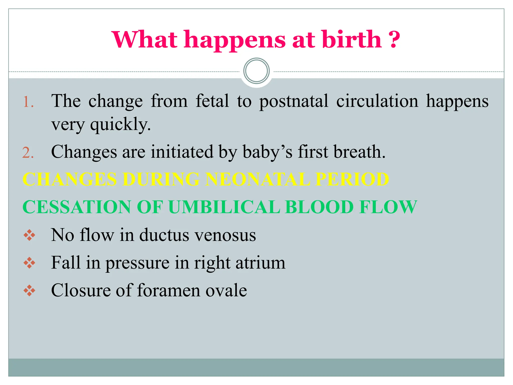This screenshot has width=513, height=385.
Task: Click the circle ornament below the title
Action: pos(256,71)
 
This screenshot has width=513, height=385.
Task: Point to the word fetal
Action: pos(212,101)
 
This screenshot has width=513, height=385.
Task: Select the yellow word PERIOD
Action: pos(352,179)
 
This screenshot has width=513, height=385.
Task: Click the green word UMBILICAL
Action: pos(224,207)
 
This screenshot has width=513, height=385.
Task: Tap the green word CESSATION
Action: pos(77,207)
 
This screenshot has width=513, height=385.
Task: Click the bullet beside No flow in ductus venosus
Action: pos(29,235)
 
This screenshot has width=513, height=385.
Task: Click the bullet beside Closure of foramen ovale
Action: pos(29,291)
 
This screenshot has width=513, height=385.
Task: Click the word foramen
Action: pos(169,291)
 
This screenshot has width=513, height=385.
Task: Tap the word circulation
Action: pos(377,101)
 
